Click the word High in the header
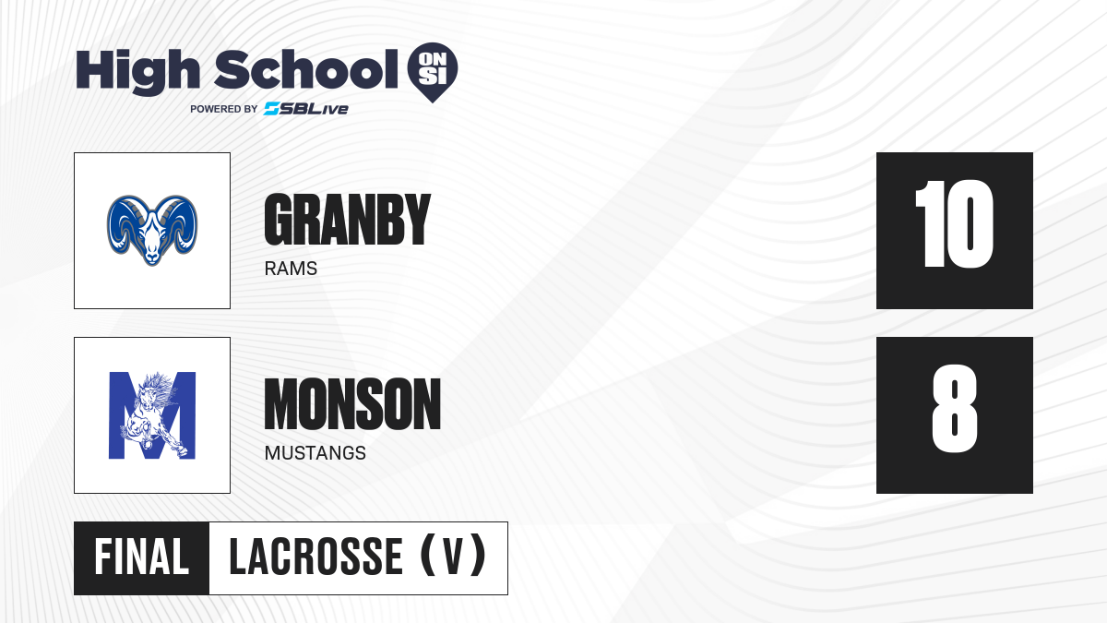point(137,71)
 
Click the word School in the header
point(306,69)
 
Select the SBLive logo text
point(305,109)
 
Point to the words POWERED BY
point(224,109)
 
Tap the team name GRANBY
point(348,220)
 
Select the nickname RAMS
point(291,269)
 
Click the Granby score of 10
point(954,224)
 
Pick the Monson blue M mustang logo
point(152,415)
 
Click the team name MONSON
point(352,404)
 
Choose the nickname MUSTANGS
point(315,453)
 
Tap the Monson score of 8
point(954,409)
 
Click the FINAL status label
point(142,557)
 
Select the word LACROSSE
point(316,557)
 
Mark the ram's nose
point(152,257)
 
